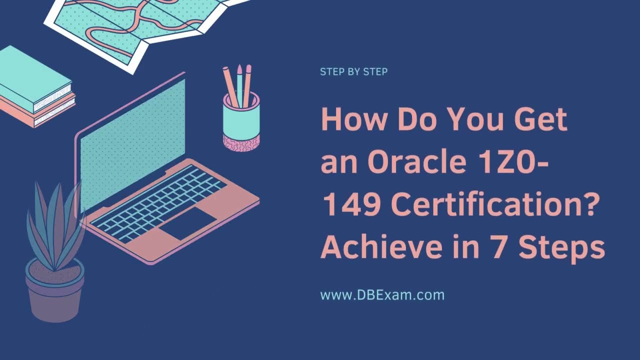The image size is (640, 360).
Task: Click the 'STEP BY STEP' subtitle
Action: tap(353, 72)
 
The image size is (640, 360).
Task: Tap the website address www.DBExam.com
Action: tap(382, 295)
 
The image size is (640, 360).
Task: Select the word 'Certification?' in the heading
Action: tap(494, 205)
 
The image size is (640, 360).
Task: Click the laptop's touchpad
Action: tap(188, 222)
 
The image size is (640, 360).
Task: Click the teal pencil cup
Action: tap(241, 117)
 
